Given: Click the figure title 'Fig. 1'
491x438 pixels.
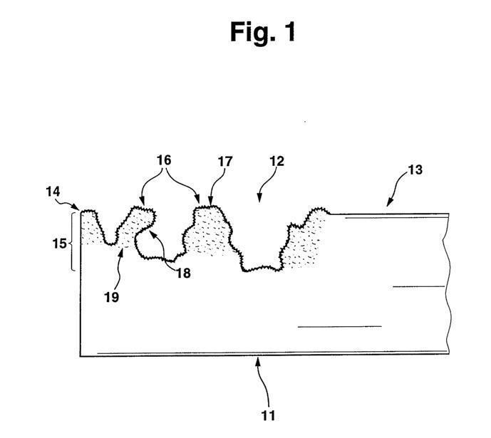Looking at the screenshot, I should point(262,32).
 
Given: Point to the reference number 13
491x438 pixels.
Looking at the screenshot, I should point(415,170).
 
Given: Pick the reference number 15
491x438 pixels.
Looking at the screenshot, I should point(60,244).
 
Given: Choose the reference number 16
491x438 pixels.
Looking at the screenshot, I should point(164,161).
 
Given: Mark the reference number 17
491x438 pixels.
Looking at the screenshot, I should point(225,162).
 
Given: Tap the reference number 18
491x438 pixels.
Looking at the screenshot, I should point(183,272).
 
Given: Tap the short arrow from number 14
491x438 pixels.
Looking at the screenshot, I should point(74,204).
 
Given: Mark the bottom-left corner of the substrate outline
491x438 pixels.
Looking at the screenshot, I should point(80,355).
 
